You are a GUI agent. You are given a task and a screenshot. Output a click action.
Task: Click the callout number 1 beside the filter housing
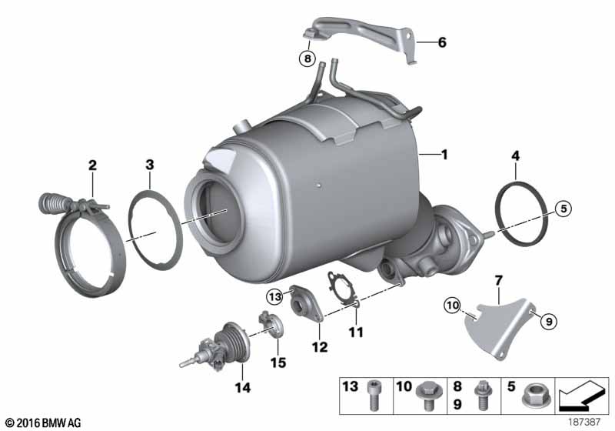click(x=444, y=155)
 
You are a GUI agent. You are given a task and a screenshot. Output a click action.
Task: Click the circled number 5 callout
click(x=563, y=208)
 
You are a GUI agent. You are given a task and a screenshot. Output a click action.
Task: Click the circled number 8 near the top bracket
click(x=307, y=59)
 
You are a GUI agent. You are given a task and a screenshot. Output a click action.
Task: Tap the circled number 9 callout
click(x=549, y=322)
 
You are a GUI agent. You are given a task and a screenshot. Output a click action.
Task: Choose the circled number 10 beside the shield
click(x=453, y=305)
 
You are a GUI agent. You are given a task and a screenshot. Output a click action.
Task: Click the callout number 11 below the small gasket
click(x=356, y=332)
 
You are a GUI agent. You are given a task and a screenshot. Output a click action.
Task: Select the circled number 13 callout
click(x=275, y=296)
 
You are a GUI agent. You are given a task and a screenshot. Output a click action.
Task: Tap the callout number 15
click(x=278, y=363)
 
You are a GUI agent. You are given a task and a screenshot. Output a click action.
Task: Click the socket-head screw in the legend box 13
click(x=373, y=396)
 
